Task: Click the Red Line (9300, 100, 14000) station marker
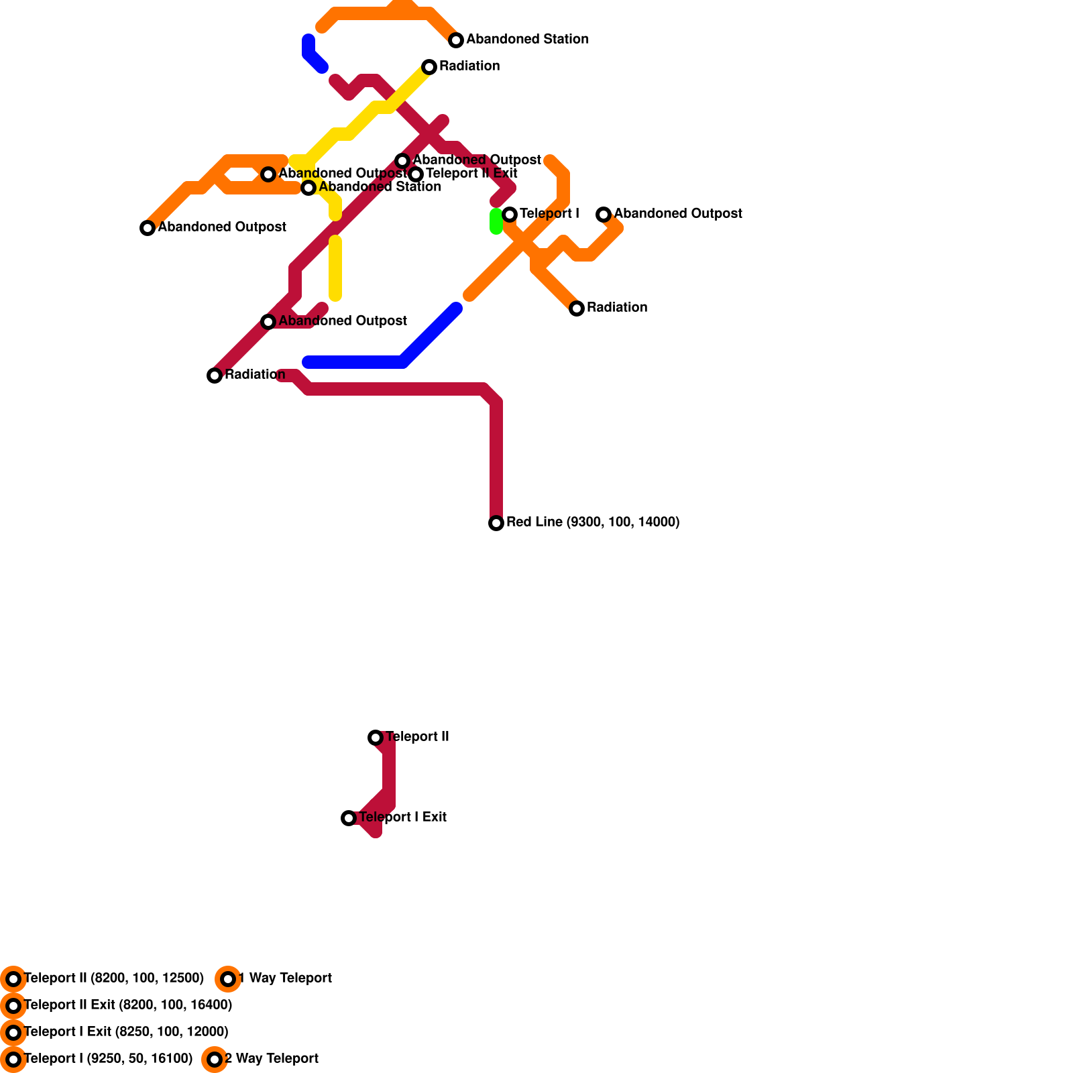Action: point(496,523)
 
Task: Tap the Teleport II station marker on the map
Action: point(376,738)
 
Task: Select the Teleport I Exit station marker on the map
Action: point(349,818)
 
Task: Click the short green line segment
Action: point(496,221)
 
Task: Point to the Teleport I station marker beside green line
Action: point(510,215)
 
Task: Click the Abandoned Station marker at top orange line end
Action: point(456,40)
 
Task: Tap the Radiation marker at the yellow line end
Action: point(429,67)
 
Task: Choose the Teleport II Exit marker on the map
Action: point(416,174)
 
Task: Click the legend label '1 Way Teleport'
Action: point(285,978)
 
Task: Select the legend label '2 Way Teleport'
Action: point(272,1059)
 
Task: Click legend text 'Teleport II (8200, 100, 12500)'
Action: point(113,978)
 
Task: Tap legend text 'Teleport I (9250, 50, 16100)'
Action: point(108,1059)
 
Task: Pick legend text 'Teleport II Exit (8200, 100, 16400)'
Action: point(127,1005)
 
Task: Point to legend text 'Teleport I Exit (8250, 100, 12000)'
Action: point(126,1032)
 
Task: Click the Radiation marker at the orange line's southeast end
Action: point(577,308)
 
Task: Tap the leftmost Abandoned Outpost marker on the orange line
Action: point(148,228)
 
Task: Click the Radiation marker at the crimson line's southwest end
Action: point(215,376)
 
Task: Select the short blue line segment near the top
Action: point(313,54)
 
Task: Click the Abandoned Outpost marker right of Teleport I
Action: point(604,215)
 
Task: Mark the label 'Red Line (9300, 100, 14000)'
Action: point(593,522)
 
